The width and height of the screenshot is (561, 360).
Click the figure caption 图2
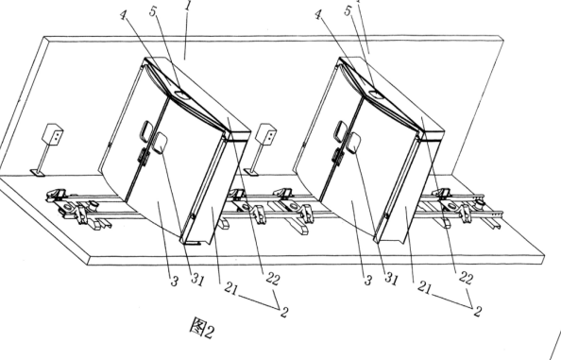(x=202, y=329)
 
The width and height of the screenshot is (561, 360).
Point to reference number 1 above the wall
(x=189, y=5)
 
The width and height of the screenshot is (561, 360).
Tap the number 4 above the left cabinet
(x=124, y=15)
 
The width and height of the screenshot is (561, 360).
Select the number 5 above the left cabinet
(x=153, y=11)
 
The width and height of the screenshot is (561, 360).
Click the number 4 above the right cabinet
(x=318, y=15)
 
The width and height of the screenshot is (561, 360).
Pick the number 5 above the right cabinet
(x=348, y=10)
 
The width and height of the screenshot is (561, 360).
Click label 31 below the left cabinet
(x=197, y=279)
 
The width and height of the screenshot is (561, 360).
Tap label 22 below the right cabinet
(x=466, y=278)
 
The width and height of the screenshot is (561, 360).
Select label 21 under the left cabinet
(x=230, y=287)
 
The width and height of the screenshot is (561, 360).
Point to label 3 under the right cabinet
(x=368, y=281)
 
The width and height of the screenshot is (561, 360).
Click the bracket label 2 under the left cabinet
(x=284, y=312)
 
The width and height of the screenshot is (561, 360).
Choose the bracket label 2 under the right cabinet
(x=477, y=311)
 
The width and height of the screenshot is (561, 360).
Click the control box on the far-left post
(x=53, y=134)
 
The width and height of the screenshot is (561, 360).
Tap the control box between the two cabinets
(x=266, y=134)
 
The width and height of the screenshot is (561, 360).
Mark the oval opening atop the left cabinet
(x=182, y=94)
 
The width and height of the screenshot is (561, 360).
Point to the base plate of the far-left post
(x=38, y=173)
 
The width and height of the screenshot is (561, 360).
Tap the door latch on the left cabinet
(x=144, y=157)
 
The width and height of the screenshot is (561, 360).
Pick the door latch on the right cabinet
(x=337, y=156)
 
